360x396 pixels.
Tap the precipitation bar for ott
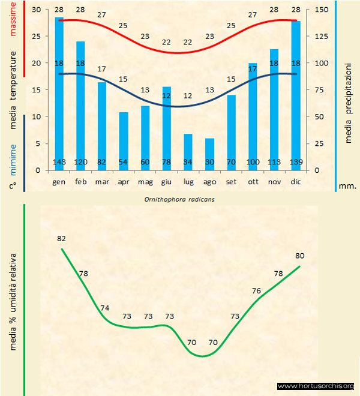tap(253, 116)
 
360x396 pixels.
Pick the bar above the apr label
tap(124, 141)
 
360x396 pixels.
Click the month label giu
tap(167, 181)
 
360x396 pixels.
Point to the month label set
tap(231, 181)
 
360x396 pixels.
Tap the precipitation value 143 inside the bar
tap(59, 163)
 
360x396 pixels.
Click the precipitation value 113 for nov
tap(274, 163)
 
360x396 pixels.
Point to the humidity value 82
tap(61, 238)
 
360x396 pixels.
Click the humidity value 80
tap(300, 255)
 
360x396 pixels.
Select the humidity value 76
tap(256, 291)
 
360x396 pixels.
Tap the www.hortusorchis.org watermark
tap(316, 386)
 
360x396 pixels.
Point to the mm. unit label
tap(347, 186)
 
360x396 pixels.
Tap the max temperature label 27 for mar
tap(102, 14)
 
